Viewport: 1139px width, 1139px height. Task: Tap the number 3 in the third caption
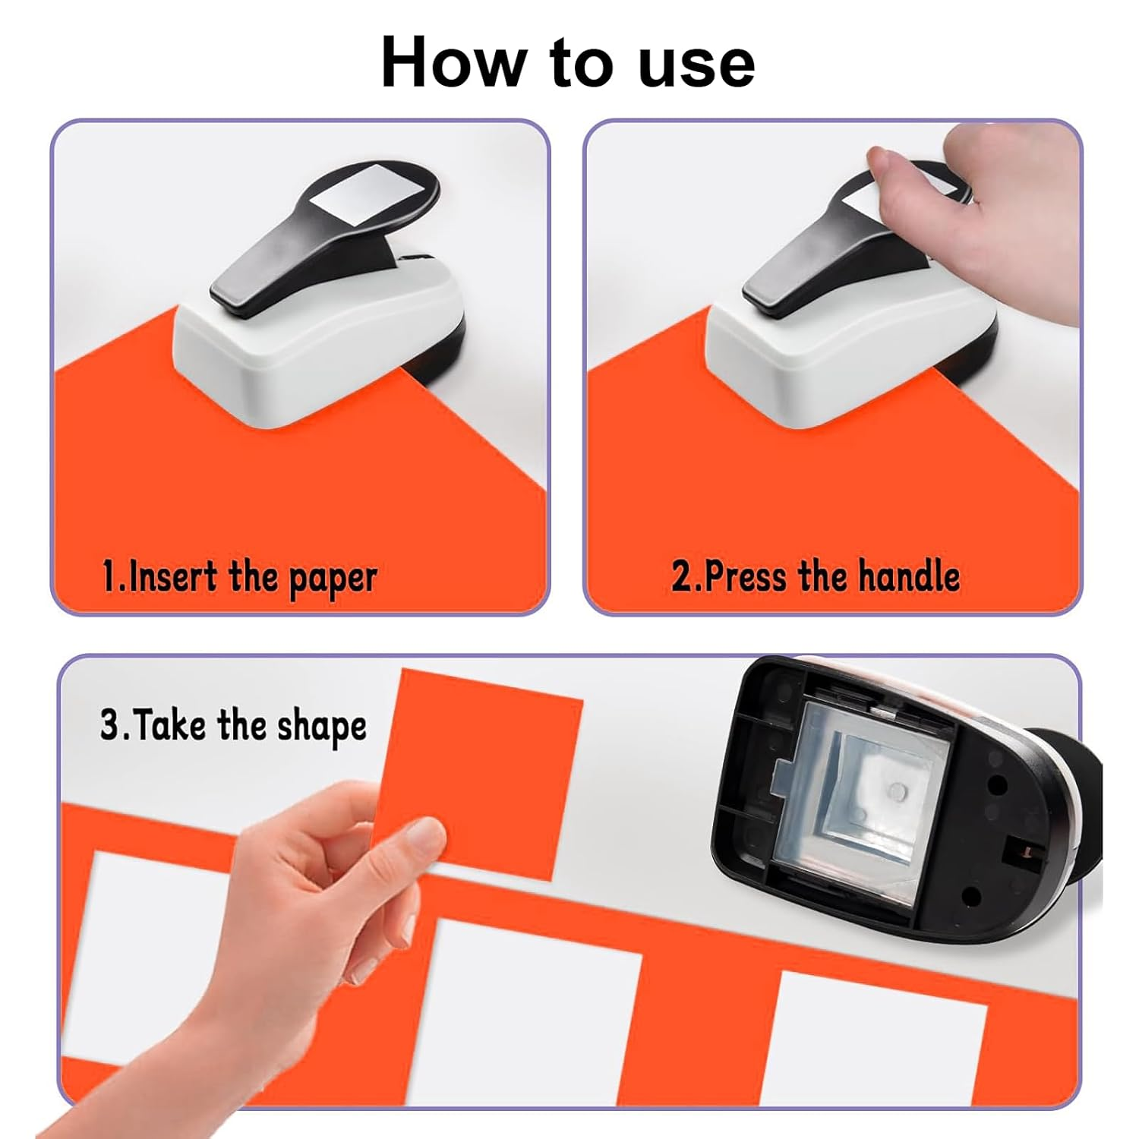pos(110,725)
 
